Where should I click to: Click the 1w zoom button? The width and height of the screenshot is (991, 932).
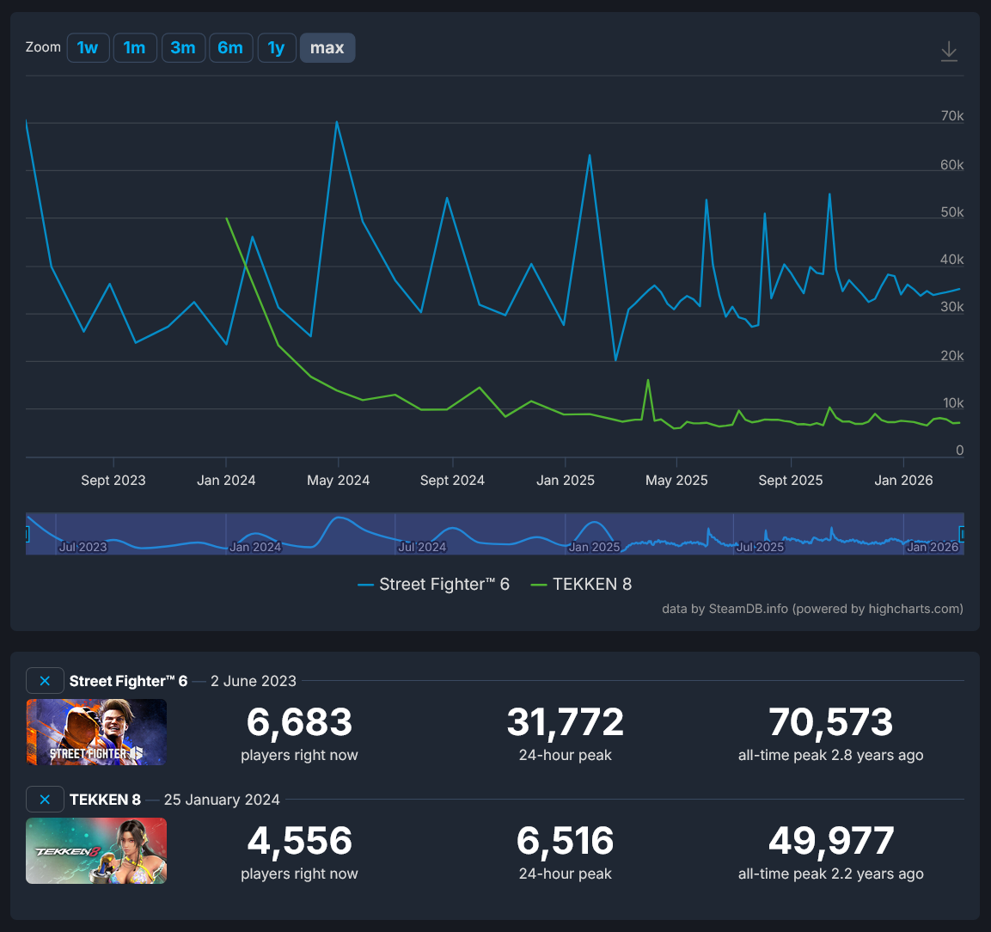click(x=88, y=48)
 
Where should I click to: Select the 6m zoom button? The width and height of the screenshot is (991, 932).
click(x=230, y=48)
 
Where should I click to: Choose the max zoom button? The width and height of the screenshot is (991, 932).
click(x=327, y=48)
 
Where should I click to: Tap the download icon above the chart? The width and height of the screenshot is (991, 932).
click(x=949, y=51)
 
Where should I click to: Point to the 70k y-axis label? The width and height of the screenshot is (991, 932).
click(x=952, y=116)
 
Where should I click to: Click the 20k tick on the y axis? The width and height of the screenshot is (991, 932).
click(x=952, y=356)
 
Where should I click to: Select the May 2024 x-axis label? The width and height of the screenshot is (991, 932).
click(x=339, y=481)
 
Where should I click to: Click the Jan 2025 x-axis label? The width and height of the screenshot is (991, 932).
click(x=566, y=481)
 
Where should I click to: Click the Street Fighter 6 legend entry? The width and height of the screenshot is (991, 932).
click(x=434, y=585)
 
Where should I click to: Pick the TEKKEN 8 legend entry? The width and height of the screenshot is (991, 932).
click(x=582, y=585)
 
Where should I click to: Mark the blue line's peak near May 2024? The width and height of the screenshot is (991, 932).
click(x=337, y=122)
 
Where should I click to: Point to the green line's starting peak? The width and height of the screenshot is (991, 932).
click(x=227, y=218)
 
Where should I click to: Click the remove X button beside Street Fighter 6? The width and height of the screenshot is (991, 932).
click(x=45, y=681)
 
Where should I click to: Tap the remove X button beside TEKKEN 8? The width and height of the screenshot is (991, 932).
click(x=45, y=800)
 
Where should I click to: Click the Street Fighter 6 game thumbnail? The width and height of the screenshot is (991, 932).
click(x=96, y=732)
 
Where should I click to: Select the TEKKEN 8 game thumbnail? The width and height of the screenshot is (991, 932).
click(x=96, y=850)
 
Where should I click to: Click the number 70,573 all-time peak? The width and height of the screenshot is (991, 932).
click(x=831, y=723)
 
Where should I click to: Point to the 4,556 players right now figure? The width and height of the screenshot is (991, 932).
click(x=299, y=842)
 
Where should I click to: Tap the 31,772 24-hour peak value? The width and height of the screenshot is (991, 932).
click(x=566, y=723)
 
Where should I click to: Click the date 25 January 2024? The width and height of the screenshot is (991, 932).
click(x=222, y=800)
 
